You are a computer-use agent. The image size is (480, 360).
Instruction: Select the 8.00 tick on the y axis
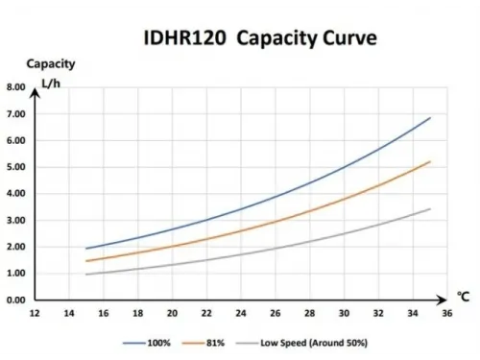coord(15,87)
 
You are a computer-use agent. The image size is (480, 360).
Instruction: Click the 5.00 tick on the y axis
coord(15,167)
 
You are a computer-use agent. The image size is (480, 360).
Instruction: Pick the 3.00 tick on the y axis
coord(15,221)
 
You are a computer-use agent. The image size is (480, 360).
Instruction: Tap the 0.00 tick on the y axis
coord(15,300)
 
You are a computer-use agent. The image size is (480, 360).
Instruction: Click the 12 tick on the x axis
coord(35,313)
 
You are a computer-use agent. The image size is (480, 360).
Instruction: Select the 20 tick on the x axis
coord(172,313)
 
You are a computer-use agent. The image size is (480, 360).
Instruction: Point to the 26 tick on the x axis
coord(275,313)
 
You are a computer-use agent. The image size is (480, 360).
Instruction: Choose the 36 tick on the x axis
coord(446,313)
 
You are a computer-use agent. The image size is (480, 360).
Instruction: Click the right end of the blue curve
coord(429,117)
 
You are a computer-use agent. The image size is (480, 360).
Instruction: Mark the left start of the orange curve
coord(86,260)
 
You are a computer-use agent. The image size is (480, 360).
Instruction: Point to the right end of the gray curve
coord(429,209)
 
